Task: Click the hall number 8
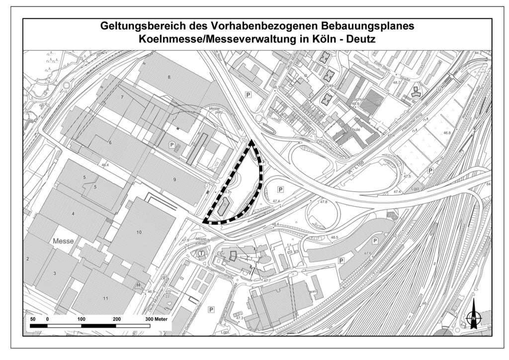click(x=169, y=77)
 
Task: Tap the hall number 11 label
click(x=105, y=298)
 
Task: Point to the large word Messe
click(x=63, y=241)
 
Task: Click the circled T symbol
click(x=201, y=253)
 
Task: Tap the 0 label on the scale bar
click(x=47, y=319)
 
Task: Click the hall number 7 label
click(x=122, y=97)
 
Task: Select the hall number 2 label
click(x=28, y=259)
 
